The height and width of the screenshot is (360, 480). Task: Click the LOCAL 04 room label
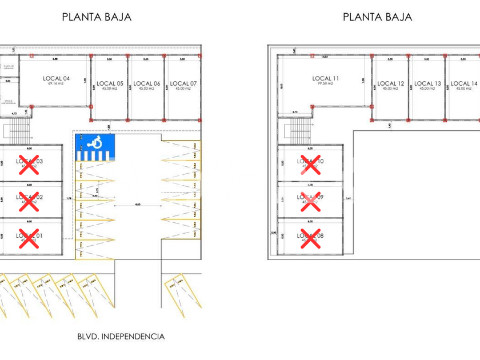(56, 78)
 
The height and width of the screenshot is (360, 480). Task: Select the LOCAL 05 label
(110, 83)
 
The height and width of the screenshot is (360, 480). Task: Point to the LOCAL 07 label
(183, 83)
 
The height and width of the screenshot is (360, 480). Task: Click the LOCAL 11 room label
(326, 78)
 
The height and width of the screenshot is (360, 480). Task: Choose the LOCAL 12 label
(391, 83)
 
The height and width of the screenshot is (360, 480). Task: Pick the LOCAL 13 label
(427, 83)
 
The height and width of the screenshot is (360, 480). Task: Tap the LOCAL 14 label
(464, 83)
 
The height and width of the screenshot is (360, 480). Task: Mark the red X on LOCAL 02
(29, 201)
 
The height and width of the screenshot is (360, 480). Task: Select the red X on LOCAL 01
(29, 238)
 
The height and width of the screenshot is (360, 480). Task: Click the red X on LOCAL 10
(310, 164)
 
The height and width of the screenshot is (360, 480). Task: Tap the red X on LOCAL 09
(310, 201)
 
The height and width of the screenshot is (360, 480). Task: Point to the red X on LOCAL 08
(310, 238)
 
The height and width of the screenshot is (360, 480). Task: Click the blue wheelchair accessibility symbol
(96, 143)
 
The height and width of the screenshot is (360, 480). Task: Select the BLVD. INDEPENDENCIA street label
(121, 337)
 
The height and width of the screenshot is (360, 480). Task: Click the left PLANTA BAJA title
(97, 17)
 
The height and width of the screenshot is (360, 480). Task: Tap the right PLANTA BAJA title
(377, 17)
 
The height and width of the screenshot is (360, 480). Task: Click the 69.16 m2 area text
(56, 83)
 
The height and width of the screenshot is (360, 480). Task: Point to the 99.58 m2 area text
(326, 83)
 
